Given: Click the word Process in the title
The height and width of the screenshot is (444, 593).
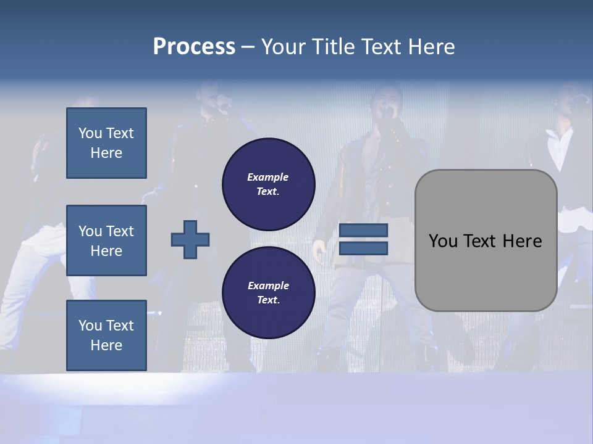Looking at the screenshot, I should click(x=194, y=47).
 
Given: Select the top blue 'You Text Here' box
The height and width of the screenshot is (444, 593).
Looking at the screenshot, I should click(x=106, y=143).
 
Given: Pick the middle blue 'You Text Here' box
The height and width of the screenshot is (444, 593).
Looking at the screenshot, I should click(x=106, y=240).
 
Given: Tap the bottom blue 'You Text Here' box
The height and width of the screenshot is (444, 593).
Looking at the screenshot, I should click(x=106, y=335).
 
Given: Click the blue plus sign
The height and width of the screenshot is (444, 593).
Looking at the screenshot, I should click(x=190, y=239).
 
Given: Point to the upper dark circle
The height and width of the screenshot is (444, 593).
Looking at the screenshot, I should click(x=268, y=184).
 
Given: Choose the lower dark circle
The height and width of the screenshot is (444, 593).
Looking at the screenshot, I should click(x=268, y=292).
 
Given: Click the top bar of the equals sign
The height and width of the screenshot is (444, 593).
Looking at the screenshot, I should click(x=363, y=230).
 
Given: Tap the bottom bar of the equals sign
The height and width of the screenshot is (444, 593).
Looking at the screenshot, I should click(x=363, y=249).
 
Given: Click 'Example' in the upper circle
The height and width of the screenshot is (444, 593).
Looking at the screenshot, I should click(x=267, y=177).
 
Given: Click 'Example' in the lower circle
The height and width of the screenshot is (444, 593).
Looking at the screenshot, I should click(x=267, y=286).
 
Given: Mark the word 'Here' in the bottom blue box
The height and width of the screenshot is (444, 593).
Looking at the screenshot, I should click(x=106, y=345).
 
